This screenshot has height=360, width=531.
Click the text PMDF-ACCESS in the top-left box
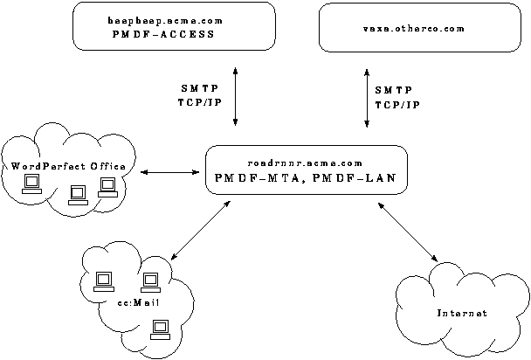pyautogui.click(x=163, y=36)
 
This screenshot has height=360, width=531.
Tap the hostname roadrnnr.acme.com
pyautogui.click(x=293, y=163)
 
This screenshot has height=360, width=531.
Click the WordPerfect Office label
pyautogui.click(x=68, y=166)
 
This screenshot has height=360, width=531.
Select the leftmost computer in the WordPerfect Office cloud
pyautogui.click(x=33, y=183)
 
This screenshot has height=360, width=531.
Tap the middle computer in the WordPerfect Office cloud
pyautogui.click(x=78, y=193)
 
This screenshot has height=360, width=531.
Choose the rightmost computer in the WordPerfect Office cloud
pyautogui.click(x=107, y=184)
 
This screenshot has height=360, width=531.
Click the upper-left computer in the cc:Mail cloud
pyautogui.click(x=102, y=280)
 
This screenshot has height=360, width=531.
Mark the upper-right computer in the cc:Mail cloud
pyautogui.click(x=150, y=280)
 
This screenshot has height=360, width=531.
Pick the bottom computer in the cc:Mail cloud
pyautogui.click(x=160, y=329)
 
